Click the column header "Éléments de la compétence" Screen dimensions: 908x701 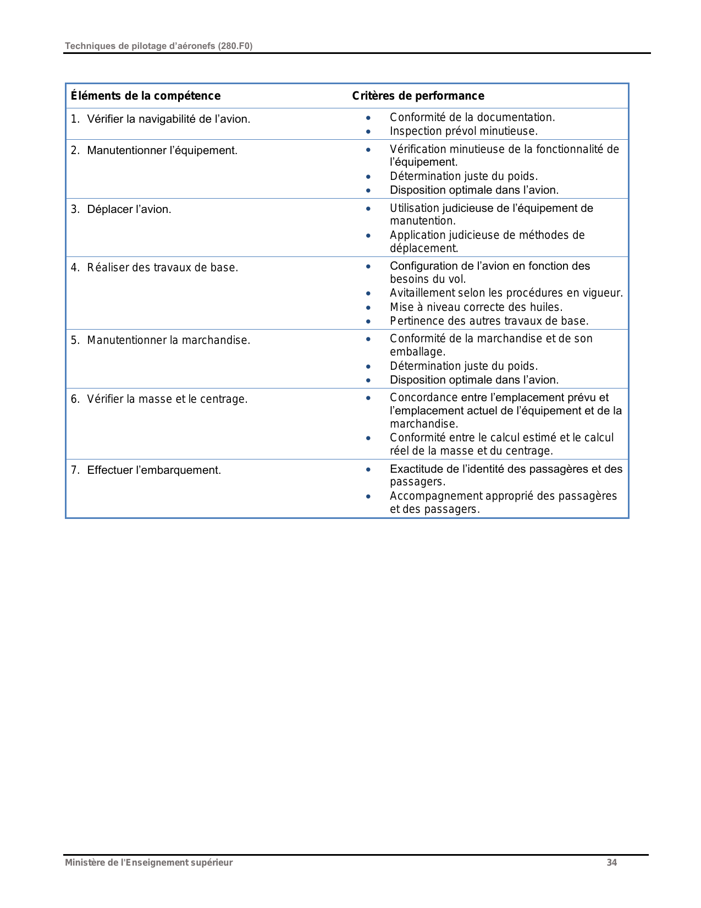coord(146,96)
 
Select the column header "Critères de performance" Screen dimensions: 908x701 coord(418,96)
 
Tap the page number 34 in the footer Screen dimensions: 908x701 coord(611,862)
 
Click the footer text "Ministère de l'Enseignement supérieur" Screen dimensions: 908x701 coord(148,862)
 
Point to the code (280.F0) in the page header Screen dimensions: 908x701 coord(235,46)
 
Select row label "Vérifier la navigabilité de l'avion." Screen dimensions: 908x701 coord(168,119)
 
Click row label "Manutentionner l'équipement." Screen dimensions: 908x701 coord(162,150)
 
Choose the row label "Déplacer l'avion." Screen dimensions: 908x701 coord(129,209)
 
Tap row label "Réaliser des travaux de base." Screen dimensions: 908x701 coord(162,267)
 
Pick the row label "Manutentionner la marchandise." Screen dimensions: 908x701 coord(168,340)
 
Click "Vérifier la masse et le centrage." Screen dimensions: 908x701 coord(167,399)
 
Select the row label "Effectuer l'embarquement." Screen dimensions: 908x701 coord(154,470)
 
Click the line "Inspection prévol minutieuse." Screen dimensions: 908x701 coord(463,131)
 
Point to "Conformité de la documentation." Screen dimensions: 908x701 coord(472,117)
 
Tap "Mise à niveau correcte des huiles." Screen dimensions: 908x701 coord(476,307)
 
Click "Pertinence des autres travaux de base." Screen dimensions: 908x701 coord(489,321)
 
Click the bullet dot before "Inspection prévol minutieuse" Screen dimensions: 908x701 coord(368,132)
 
